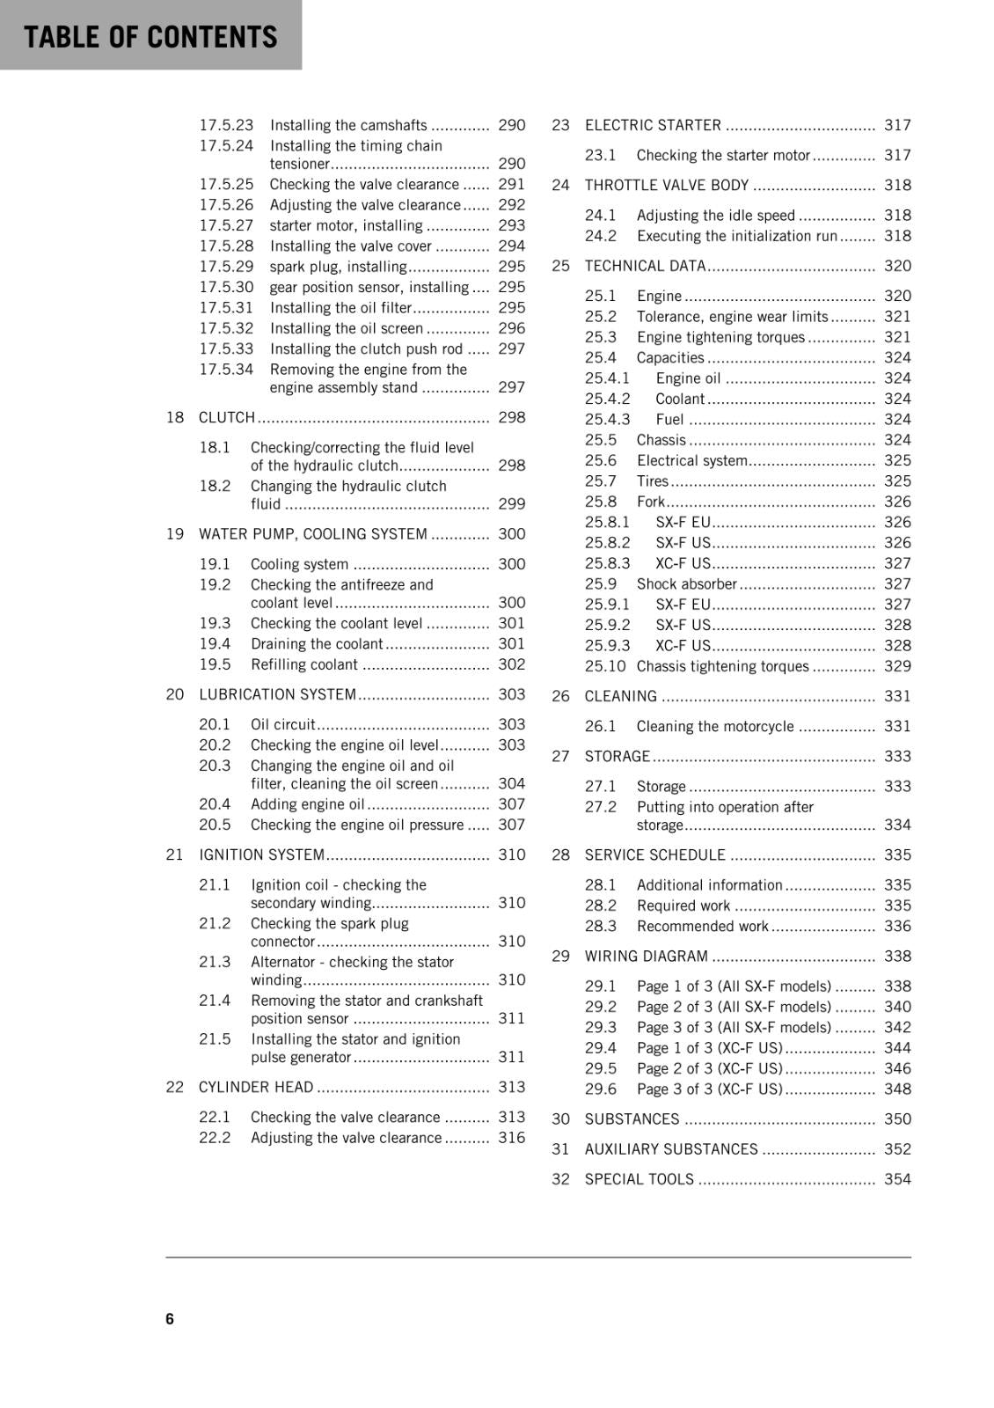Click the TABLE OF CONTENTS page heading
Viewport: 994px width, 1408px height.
(x=150, y=37)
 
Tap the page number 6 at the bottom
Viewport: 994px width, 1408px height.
(x=170, y=1318)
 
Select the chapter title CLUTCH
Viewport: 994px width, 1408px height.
(x=227, y=417)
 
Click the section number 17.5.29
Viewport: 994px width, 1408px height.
(x=226, y=267)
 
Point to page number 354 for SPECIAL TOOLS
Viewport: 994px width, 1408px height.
(x=897, y=1179)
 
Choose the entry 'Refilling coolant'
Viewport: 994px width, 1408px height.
(x=303, y=664)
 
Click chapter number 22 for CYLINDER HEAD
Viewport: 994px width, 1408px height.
(x=175, y=1087)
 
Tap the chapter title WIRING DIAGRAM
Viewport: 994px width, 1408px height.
(x=647, y=956)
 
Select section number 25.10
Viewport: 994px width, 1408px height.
(x=605, y=666)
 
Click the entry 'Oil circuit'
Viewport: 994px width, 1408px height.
(x=282, y=724)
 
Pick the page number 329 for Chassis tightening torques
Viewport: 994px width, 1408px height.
(x=897, y=666)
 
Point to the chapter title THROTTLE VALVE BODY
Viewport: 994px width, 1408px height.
(x=667, y=185)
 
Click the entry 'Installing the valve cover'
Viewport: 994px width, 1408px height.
(x=350, y=246)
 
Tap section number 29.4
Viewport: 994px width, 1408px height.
(x=601, y=1047)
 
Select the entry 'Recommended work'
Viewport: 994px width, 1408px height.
(x=703, y=926)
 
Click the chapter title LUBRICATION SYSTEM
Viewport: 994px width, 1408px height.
(x=278, y=694)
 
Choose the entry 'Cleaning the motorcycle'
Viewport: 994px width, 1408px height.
(x=715, y=726)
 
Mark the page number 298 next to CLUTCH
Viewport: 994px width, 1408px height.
(x=511, y=417)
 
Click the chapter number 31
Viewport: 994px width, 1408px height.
(x=561, y=1149)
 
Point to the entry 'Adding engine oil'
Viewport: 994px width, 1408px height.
(x=307, y=804)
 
